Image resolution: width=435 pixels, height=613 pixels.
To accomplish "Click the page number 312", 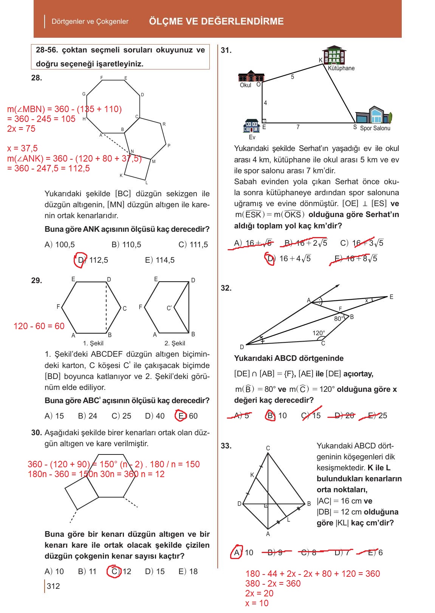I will click(53, 586).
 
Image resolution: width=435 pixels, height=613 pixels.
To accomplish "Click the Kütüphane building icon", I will click(334, 56).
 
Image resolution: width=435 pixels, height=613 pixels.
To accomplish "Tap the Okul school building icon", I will click(251, 76).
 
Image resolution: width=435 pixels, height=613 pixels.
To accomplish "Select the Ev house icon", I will click(252, 126).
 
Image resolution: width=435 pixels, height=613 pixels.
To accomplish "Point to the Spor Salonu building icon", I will click(373, 115).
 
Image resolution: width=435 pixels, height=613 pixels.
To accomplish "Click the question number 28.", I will click(37, 78).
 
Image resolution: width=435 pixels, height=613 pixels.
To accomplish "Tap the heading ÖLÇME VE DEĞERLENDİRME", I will click(216, 21).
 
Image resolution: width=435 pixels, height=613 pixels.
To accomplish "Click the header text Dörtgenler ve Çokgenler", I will click(90, 22).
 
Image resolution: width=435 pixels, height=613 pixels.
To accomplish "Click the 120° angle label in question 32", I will click(318, 333).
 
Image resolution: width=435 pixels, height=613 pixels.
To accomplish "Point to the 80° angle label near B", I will click(339, 319).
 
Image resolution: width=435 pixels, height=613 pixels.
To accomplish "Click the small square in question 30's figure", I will click(82, 492).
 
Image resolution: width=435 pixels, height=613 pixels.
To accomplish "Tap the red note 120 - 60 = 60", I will click(39, 326).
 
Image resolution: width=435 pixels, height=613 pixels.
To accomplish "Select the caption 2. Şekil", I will click(175, 343).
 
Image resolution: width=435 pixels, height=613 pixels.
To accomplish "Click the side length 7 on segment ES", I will click(298, 127).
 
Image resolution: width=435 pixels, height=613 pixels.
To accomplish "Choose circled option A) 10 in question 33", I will click(243, 553).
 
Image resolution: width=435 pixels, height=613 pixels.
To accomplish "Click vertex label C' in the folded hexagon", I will click(169, 308).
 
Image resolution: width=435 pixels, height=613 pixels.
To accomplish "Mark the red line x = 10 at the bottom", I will click(257, 603).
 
